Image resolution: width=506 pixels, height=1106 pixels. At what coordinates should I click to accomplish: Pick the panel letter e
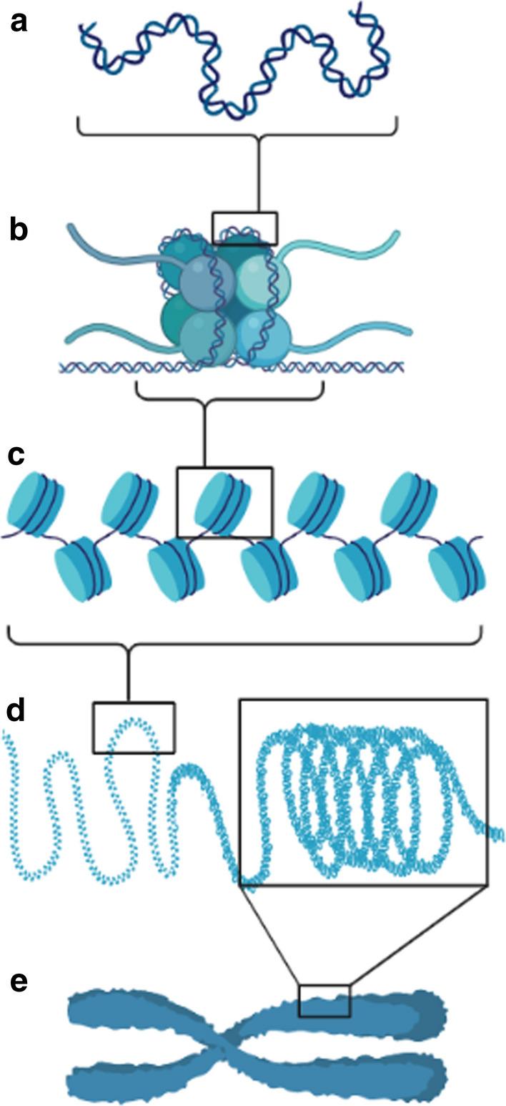pos(17,982)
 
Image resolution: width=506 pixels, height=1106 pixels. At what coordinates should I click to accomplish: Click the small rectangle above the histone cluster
pos(245,228)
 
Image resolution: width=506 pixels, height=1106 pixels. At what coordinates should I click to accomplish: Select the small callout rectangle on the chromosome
pos(324,1000)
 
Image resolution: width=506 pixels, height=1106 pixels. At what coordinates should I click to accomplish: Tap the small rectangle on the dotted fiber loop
pos(134,727)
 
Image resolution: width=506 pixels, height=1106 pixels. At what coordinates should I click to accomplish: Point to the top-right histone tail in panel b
pos(343,240)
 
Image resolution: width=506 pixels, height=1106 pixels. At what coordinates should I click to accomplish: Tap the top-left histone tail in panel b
pos(107,240)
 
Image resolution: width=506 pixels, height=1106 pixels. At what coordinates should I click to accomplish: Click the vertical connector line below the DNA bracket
pos(259,172)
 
